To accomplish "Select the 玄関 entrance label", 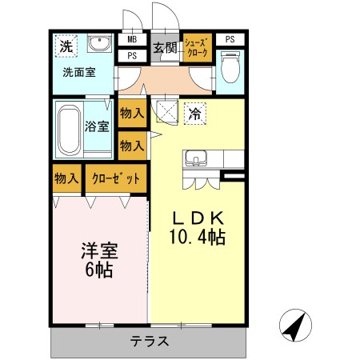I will [x=165, y=47].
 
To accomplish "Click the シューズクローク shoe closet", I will [x=197, y=46].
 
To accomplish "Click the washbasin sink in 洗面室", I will [x=99, y=43].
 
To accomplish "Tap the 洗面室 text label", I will [x=79, y=72].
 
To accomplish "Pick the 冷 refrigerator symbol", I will [x=194, y=113].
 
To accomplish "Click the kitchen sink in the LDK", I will [x=195, y=158].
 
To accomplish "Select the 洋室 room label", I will [x=99, y=250].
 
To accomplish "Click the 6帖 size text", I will [x=99, y=269].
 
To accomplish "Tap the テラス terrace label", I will [x=149, y=341].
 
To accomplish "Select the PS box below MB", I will [x=132, y=56].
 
